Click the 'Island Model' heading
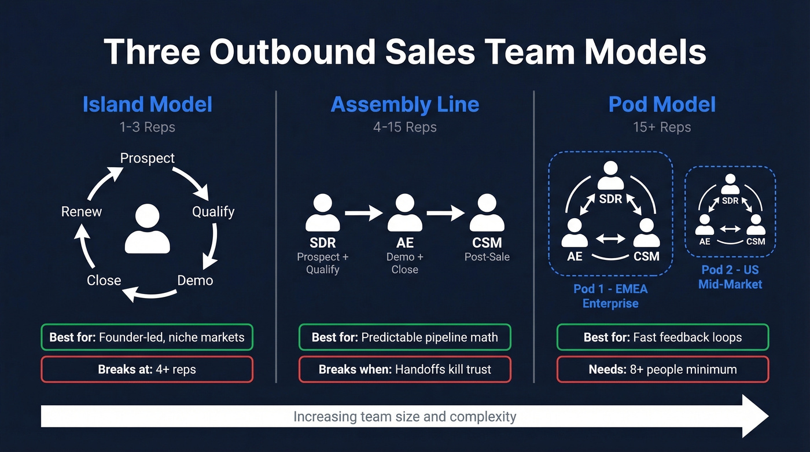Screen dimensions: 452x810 click(x=148, y=105)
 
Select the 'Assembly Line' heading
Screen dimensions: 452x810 click(x=405, y=105)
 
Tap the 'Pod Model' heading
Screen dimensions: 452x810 click(x=662, y=105)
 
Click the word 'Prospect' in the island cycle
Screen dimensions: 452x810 click(x=147, y=158)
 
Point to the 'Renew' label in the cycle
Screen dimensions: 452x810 click(x=82, y=212)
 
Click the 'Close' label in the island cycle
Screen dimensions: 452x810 click(x=104, y=281)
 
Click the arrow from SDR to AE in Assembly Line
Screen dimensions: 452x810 click(x=363, y=213)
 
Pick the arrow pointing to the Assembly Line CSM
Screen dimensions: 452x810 click(x=446, y=213)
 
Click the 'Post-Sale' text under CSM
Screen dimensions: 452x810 click(x=487, y=257)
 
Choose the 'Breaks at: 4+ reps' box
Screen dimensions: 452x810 click(x=147, y=369)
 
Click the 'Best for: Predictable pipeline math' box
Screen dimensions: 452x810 click(x=405, y=337)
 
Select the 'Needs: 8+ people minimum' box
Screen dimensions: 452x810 click(x=662, y=369)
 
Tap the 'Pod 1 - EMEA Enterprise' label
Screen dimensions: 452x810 click(x=610, y=296)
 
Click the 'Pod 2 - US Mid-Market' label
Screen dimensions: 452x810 click(x=730, y=277)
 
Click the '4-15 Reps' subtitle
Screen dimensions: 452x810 click(x=405, y=127)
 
